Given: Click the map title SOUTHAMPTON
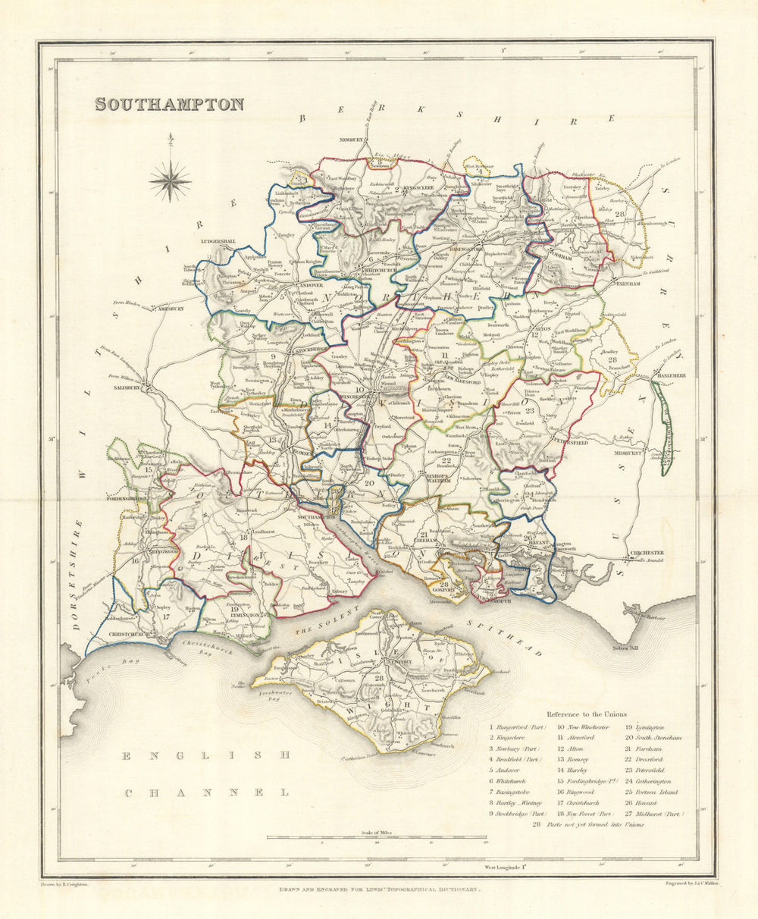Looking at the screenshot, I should pos(169,104).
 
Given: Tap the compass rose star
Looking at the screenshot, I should pos(170,180).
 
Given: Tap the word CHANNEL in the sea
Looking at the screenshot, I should pos(208,792).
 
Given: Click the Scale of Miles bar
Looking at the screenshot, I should pos(376,838).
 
